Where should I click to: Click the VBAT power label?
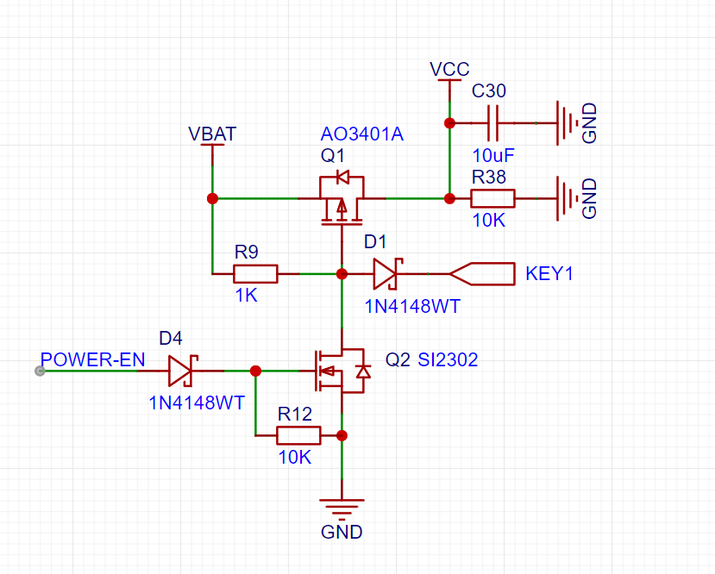[x=212, y=134]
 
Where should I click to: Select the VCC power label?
[x=449, y=69]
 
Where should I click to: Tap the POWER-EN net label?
[x=92, y=360]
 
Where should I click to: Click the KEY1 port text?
[x=549, y=274]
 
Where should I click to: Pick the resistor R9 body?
[x=255, y=274]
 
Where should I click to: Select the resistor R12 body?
[x=298, y=435]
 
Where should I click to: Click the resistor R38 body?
[x=493, y=198]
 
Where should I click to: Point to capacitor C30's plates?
[x=493, y=123]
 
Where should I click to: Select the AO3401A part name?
[x=362, y=134]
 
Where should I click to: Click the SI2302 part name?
[x=448, y=360]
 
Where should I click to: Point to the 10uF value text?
[x=493, y=156]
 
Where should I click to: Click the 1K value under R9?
[x=246, y=296]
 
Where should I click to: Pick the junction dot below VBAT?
[x=212, y=198]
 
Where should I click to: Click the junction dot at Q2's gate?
[x=256, y=371]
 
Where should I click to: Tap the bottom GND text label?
[x=342, y=532]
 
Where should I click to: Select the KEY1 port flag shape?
[x=482, y=274]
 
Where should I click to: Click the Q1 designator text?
[x=332, y=156]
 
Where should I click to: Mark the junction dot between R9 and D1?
[x=342, y=274]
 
